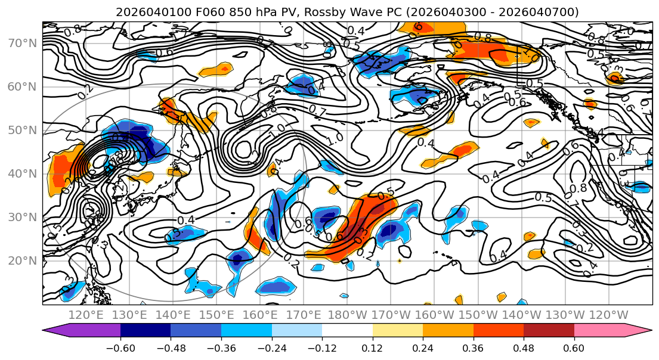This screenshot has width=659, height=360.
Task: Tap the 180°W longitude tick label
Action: click(347, 315)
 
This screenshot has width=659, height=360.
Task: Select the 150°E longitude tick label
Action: click(216, 315)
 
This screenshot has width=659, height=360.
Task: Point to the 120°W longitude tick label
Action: click(609, 315)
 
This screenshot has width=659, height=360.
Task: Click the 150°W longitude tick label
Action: click(478, 315)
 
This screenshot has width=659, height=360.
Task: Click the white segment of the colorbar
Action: click(347, 331)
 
